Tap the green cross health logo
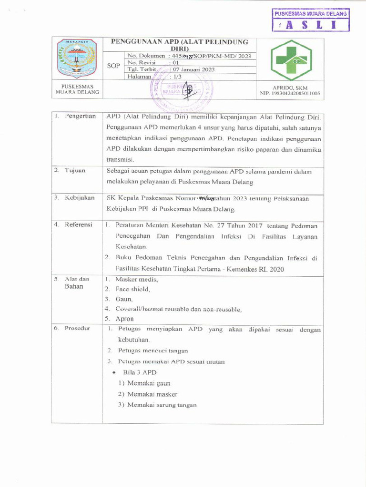(291, 60)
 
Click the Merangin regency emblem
(77, 58)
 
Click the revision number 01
(175, 62)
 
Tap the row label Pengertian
(80, 117)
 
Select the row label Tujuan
(75, 170)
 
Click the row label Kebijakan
(80, 197)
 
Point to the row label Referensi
(79, 224)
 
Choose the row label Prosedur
(78, 329)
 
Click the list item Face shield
(132, 289)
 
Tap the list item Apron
(124, 319)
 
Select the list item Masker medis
(136, 279)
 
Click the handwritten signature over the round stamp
(189, 89)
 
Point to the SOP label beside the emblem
(113, 66)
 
